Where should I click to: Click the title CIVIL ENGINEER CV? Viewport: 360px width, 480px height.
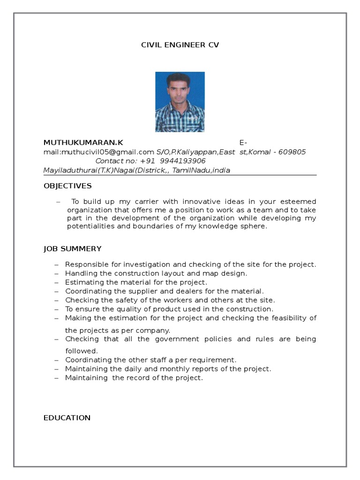(x=180, y=45)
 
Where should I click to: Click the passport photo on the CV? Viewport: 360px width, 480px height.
(x=180, y=102)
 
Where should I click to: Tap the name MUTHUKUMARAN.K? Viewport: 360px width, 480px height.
(x=83, y=142)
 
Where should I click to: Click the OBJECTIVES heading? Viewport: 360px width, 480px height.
(x=67, y=186)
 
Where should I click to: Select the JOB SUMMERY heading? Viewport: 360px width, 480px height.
(x=73, y=249)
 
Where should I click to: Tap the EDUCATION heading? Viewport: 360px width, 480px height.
(x=67, y=418)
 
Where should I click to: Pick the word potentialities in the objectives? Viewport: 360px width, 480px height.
(x=91, y=226)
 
